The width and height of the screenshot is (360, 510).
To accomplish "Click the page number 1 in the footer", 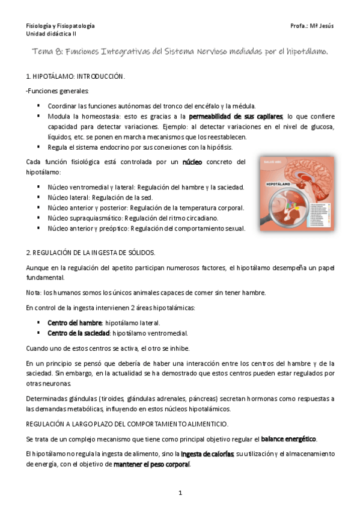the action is point(180,493).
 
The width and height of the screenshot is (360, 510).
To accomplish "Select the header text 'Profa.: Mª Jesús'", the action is point(311,26).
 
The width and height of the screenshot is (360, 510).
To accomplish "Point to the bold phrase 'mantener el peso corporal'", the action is point(151,464).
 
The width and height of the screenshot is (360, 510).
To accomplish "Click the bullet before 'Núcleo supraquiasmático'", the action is point(38,218).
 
